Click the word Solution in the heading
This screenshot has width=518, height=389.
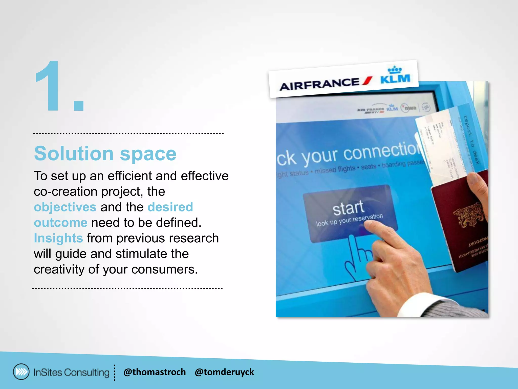coord(74,153)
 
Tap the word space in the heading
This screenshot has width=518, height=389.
coord(148,154)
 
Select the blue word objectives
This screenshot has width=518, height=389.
coord(65,207)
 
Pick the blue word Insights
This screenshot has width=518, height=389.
coord(58,238)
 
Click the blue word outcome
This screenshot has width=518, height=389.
coord(61,223)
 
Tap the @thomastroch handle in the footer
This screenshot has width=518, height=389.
coord(155,372)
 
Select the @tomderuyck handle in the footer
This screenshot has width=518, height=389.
coord(224,372)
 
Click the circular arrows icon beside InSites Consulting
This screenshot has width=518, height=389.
coord(21,372)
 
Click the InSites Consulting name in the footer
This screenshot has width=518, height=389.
coord(71,372)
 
